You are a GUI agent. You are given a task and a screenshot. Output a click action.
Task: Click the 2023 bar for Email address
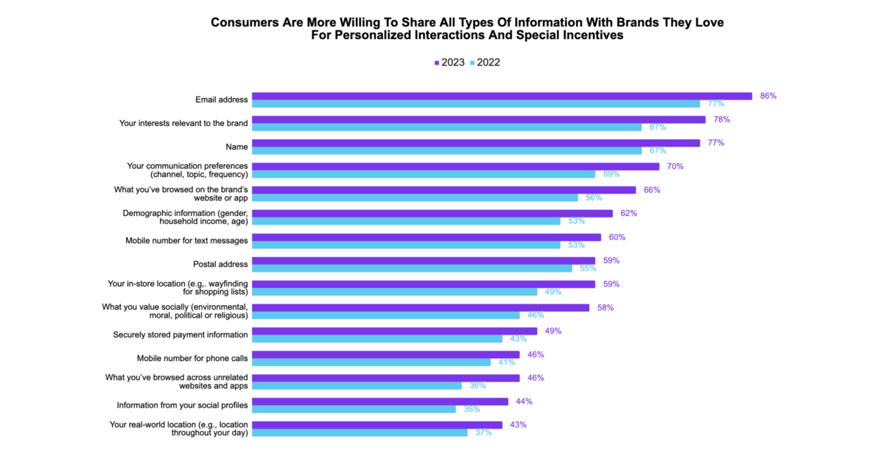click(x=501, y=96)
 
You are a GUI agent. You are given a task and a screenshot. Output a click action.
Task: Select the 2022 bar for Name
click(x=446, y=150)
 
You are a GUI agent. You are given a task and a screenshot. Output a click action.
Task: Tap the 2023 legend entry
click(x=449, y=63)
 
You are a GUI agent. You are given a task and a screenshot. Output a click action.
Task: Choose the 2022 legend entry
click(x=485, y=63)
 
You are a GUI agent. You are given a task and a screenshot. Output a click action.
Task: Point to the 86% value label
click(x=768, y=96)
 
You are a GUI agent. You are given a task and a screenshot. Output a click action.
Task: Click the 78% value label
click(x=722, y=119)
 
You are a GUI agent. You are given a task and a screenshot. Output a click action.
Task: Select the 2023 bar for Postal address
click(x=423, y=260)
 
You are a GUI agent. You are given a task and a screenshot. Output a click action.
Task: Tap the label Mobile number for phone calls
click(x=192, y=358)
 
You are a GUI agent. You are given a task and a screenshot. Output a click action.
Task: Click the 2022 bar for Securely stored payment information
click(x=376, y=339)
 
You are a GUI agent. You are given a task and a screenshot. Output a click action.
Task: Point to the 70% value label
click(x=676, y=167)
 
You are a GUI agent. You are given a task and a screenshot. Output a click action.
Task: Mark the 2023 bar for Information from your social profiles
click(x=379, y=402)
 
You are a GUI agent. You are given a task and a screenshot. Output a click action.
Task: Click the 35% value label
click(x=472, y=409)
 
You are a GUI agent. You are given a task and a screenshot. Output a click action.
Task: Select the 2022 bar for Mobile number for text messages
click(x=406, y=245)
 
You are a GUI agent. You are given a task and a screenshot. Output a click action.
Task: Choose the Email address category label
click(x=221, y=99)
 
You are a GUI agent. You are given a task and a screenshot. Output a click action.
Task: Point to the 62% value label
click(x=628, y=213)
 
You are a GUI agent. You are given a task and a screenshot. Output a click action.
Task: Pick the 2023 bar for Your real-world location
click(x=376, y=425)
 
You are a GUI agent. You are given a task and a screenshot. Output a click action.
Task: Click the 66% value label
click(x=652, y=189)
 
